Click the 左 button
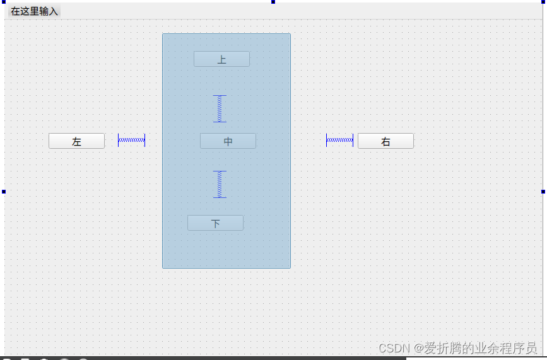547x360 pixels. [76, 141]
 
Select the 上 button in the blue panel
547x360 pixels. [221, 59]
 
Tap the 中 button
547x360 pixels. [228, 141]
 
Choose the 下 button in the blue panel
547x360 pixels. [215, 223]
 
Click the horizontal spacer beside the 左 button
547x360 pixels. [131, 140]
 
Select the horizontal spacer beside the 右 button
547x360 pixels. [339, 140]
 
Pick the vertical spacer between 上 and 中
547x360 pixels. [220, 108]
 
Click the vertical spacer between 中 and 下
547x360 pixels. [220, 184]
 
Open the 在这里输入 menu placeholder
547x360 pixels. [34, 11]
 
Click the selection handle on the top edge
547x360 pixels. [273, 2]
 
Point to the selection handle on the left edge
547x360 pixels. [3, 191]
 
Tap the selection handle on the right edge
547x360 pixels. [543, 191]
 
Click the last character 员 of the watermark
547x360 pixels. [531, 349]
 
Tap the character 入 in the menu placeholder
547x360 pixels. [54, 11]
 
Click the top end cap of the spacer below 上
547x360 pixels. [220, 96]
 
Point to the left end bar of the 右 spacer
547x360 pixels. [327, 140]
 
